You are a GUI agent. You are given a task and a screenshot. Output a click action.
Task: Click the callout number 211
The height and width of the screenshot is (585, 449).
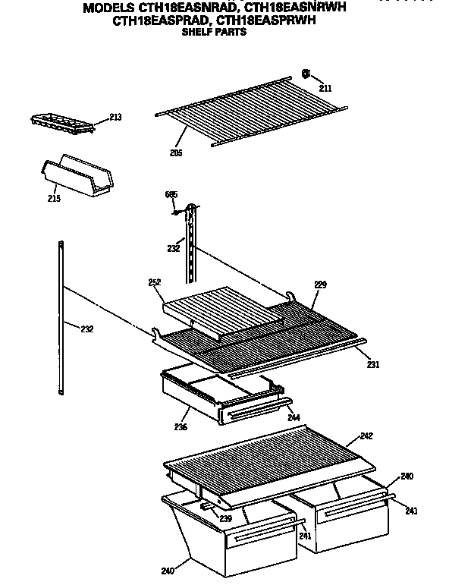pos(325,89)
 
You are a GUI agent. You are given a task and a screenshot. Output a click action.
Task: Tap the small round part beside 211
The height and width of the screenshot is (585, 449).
pos(306,74)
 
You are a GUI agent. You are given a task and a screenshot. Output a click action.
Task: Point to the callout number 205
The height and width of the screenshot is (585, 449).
pos(176,152)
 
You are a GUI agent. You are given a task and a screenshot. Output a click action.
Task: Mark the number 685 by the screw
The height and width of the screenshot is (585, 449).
pos(171,195)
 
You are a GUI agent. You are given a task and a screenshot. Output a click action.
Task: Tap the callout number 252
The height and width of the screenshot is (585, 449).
pos(155,282)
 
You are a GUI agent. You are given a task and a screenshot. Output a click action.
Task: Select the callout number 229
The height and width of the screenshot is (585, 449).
pos(320,285)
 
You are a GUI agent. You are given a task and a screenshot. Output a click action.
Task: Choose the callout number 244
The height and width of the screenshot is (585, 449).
pos(293,417)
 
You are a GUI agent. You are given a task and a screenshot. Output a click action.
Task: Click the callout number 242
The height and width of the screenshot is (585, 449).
pos(366,436)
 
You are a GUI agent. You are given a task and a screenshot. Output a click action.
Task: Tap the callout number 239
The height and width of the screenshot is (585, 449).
pos(225,518)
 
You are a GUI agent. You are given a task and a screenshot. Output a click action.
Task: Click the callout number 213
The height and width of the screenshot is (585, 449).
pos(115,117)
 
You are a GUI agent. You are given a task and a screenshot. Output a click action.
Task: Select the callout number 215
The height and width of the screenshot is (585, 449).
pos(53,199)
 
